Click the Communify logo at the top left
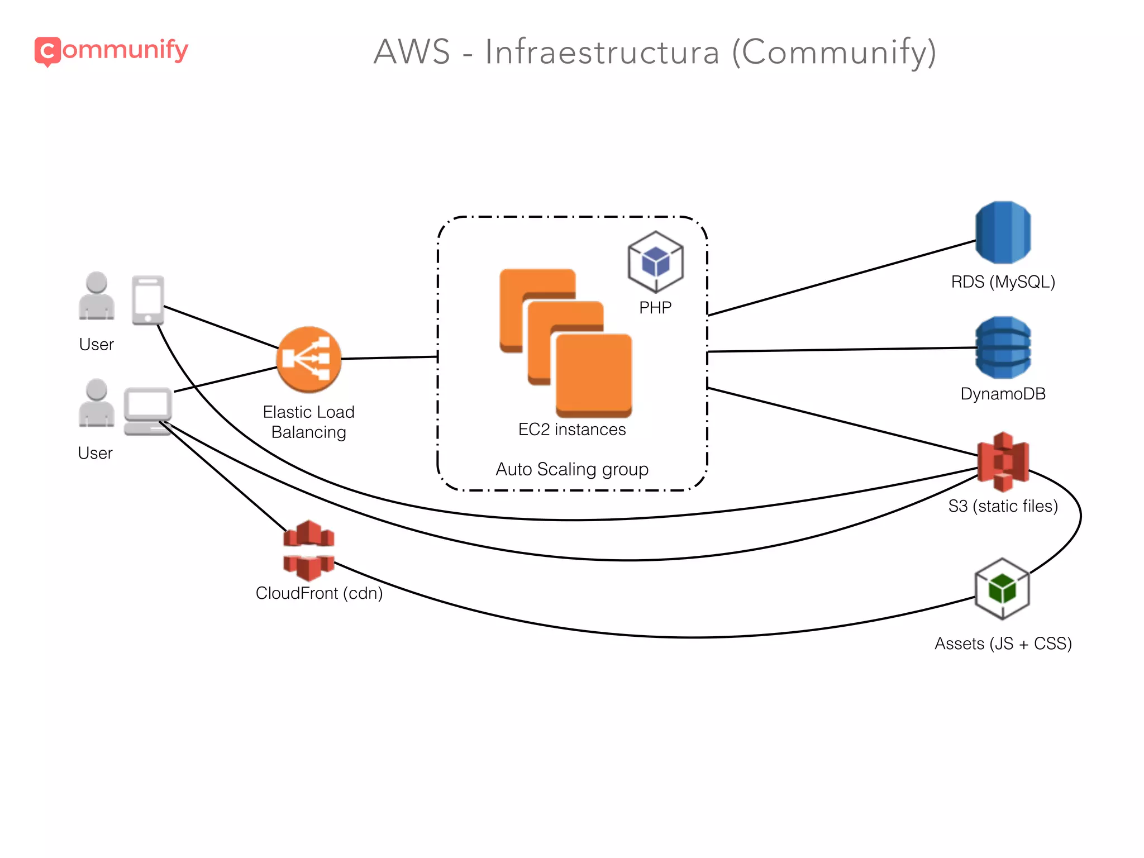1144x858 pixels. [x=111, y=51]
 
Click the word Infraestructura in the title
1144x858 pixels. [x=602, y=52]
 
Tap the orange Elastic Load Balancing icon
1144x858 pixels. [x=308, y=359]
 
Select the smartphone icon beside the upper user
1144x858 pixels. [x=148, y=300]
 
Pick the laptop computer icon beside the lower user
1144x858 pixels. [x=147, y=411]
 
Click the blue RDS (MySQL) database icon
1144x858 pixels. [x=1003, y=232]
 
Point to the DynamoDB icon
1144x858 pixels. [x=1003, y=347]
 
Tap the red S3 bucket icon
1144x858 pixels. [x=1003, y=461]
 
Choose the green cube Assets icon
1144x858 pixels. [x=1002, y=589]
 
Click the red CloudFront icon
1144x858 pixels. [x=308, y=550]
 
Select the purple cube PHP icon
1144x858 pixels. [x=655, y=261]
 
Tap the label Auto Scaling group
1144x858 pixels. [x=572, y=469]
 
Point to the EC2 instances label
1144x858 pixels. [x=572, y=430]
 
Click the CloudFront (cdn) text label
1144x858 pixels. [x=319, y=593]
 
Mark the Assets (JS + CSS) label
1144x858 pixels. [x=1003, y=643]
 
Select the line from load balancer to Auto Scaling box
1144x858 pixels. [x=389, y=357]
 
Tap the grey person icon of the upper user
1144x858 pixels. [x=97, y=296]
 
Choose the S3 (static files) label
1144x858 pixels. [x=1003, y=506]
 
